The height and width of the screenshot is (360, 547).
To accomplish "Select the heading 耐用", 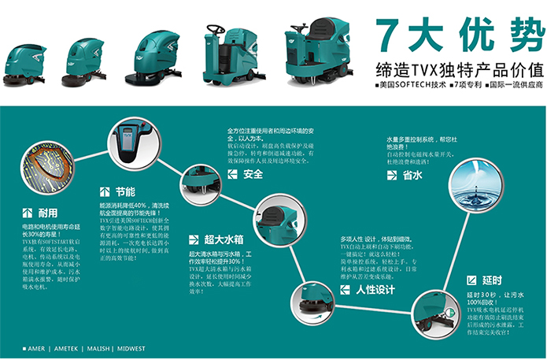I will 43,213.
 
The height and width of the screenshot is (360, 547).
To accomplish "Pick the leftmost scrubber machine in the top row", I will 24,64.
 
